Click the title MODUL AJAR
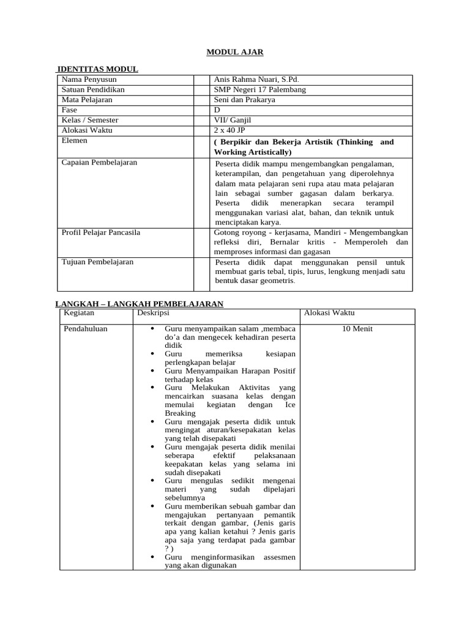234,53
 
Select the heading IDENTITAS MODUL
97,69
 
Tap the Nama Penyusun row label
89,79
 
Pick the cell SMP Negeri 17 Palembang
260,90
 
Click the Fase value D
217,110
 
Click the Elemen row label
75,141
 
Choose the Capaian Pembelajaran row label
100,163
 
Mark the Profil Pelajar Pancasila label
101,232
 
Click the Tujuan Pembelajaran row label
98,262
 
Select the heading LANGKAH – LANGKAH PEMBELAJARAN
140,304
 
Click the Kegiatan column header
80,312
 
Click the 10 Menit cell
357,329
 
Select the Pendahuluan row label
86,329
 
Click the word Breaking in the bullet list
180,413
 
